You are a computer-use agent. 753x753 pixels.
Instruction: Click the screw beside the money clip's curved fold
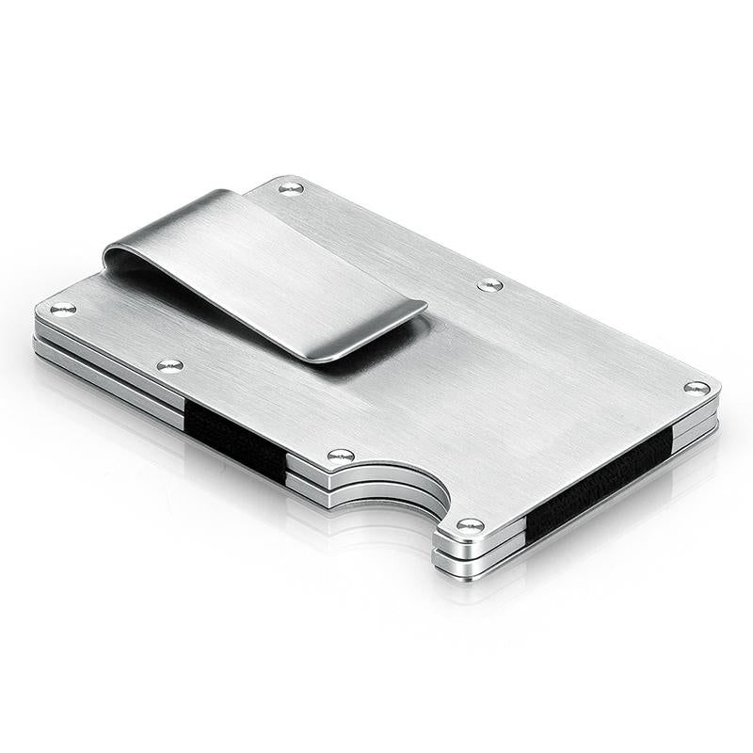pyautogui.click(x=291, y=188)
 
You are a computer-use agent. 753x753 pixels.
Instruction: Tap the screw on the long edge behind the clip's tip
pyautogui.click(x=489, y=284)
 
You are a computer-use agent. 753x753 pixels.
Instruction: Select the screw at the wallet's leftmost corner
pyautogui.click(x=62, y=308)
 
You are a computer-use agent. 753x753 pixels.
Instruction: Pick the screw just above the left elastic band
pyautogui.click(x=169, y=365)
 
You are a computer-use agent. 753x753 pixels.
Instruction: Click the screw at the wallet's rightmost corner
pyautogui.click(x=697, y=388)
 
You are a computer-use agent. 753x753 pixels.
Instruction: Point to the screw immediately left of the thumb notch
pyautogui.click(x=341, y=456)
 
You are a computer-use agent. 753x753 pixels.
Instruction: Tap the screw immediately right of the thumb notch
pyautogui.click(x=470, y=524)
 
